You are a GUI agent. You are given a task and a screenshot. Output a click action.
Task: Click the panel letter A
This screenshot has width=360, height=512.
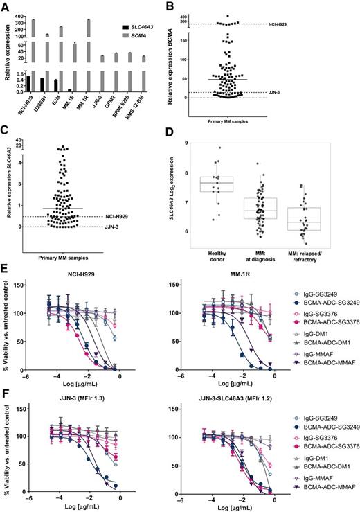click(x=6, y=7)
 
